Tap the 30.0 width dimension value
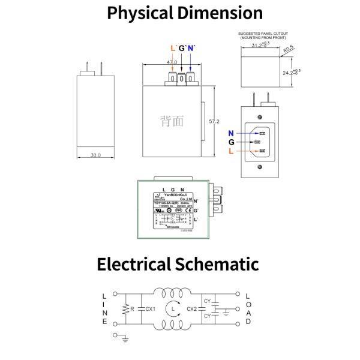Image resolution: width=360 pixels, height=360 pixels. click(96, 155)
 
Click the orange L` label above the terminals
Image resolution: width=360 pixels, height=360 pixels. click(173, 48)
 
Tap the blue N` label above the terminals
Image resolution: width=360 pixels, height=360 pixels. click(191, 48)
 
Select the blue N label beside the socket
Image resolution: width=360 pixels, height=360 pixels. click(231, 133)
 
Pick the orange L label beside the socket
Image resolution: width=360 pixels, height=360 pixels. click(231, 152)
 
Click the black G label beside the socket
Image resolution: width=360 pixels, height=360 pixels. click(231, 142)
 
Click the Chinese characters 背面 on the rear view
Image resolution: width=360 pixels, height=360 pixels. click(172, 121)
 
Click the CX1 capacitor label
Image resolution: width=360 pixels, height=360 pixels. click(150, 309)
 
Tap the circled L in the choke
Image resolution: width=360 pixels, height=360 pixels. click(173, 309)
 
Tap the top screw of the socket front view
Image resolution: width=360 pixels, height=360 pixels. click(260, 117)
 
